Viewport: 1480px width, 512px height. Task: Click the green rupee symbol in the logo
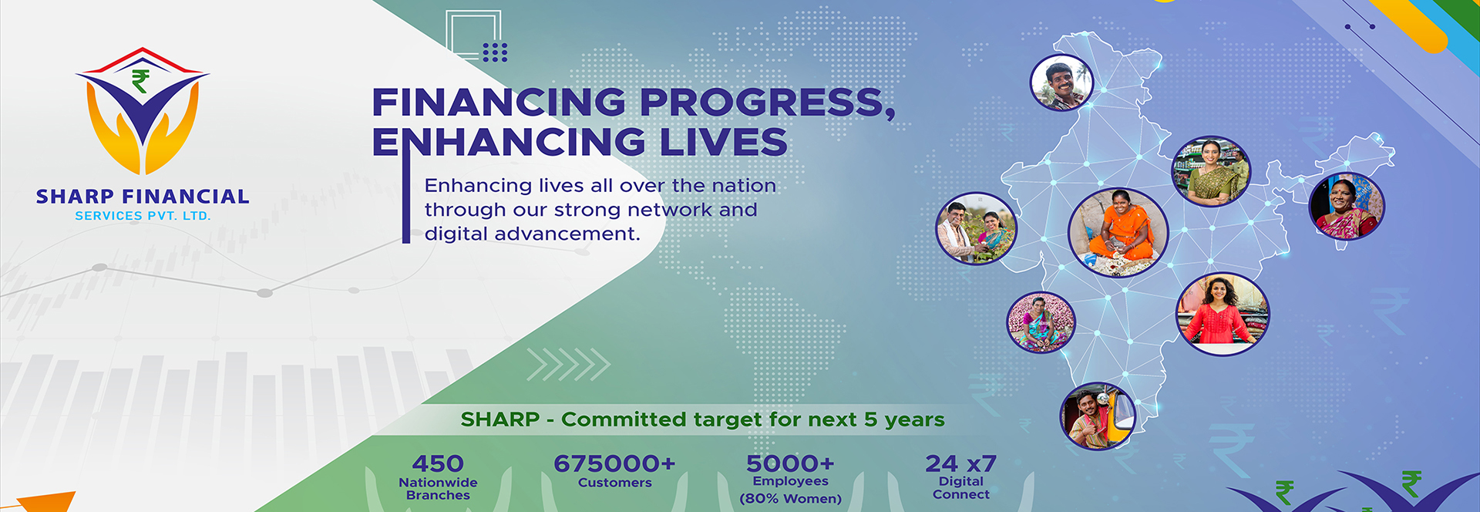click(140, 81)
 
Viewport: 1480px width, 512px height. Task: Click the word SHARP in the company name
click(75, 197)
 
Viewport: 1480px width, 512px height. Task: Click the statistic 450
click(438, 463)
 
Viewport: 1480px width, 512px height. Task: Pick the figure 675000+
click(614, 463)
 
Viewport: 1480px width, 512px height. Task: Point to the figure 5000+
click(790, 463)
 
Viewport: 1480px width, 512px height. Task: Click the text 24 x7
click(960, 463)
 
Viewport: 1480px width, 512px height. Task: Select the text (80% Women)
click(790, 499)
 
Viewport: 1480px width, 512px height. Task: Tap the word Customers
click(614, 483)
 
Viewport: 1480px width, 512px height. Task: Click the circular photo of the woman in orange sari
click(1118, 231)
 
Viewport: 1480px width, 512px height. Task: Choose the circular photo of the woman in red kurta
click(1222, 314)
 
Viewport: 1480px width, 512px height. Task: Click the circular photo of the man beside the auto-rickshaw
click(1098, 416)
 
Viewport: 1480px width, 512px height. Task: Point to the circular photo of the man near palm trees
click(1061, 82)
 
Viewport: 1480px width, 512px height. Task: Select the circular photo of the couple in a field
click(976, 228)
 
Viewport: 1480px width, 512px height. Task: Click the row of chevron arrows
click(568, 365)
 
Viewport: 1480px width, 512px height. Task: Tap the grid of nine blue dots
click(495, 52)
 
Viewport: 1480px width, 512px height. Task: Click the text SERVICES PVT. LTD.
click(143, 217)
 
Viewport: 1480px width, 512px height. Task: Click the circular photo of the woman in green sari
click(1211, 171)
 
